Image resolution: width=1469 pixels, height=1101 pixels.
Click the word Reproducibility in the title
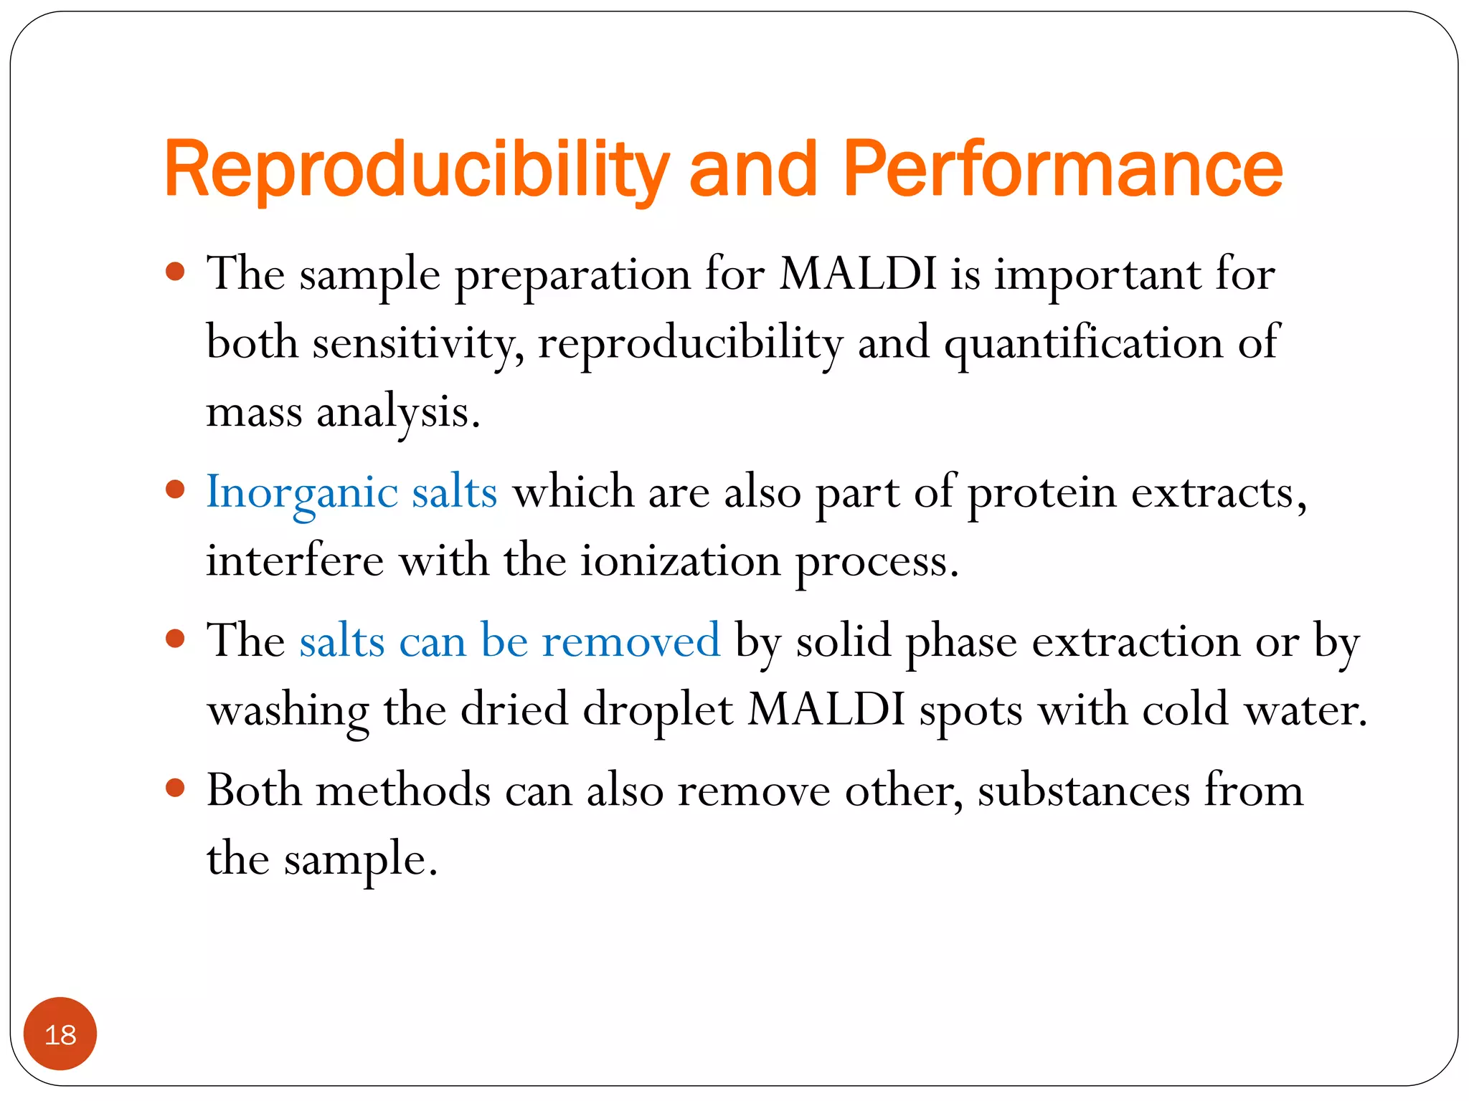[x=416, y=169]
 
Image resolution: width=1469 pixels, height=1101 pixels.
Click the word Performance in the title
[x=1062, y=169]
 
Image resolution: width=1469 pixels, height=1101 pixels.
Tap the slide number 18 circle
[x=60, y=1034]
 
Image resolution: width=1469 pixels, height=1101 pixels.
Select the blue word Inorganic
[x=302, y=493]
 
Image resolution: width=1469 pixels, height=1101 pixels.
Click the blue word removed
[x=630, y=640]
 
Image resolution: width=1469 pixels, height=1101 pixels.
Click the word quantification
[x=1083, y=343]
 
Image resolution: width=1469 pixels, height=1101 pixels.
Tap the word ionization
[x=680, y=561]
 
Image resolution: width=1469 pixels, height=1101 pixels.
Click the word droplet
[x=658, y=710]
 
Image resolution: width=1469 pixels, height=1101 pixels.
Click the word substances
[x=1084, y=791]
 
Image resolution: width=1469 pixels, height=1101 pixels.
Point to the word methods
[x=404, y=791]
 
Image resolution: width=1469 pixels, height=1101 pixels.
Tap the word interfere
[x=295, y=561]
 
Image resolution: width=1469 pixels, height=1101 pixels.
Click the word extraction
[x=1136, y=640]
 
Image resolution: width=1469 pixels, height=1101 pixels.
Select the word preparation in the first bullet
[x=573, y=275]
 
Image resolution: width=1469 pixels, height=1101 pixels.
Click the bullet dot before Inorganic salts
[x=175, y=490]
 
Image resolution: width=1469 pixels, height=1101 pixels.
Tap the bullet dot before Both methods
[x=175, y=788]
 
